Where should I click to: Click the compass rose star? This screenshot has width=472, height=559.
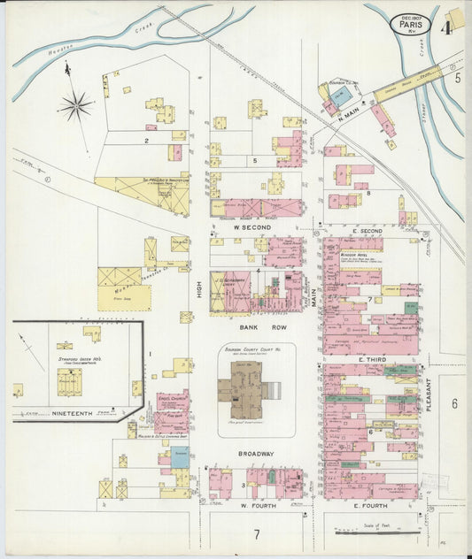tap(76, 106)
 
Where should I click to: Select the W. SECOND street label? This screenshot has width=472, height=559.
tap(251, 226)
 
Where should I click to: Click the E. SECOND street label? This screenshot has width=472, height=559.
tap(368, 231)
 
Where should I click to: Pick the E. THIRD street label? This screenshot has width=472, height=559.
tap(369, 360)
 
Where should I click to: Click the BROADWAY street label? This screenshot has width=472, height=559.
tap(255, 454)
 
